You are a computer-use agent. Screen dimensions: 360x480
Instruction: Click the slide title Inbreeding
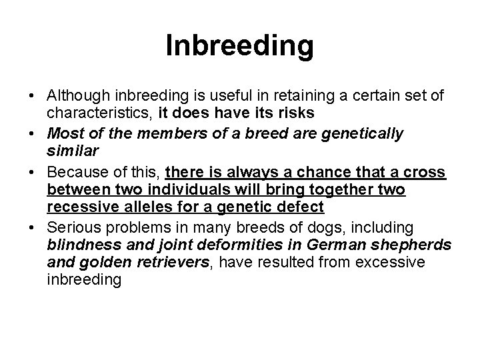pyautogui.click(x=239, y=46)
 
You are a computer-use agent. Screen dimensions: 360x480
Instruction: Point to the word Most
pyautogui.click(x=63, y=133)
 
